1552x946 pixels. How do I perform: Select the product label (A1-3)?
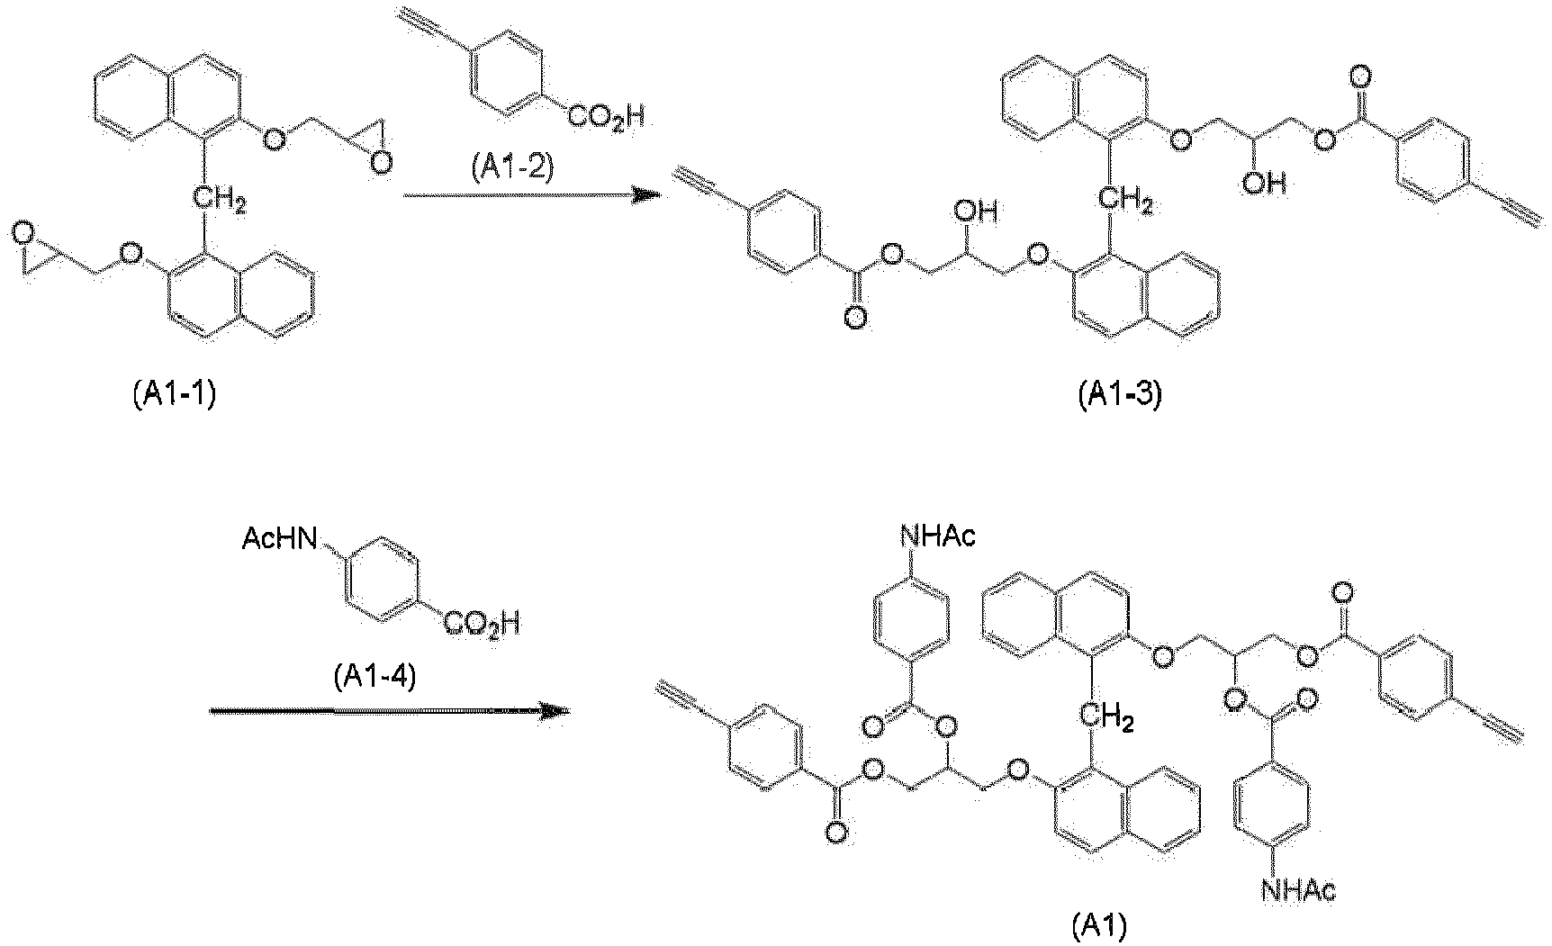(1121, 397)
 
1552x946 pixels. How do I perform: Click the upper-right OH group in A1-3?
(1264, 185)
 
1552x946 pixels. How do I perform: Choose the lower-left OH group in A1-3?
(978, 213)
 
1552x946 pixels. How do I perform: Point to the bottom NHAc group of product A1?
(1298, 891)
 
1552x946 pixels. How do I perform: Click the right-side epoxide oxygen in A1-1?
(384, 161)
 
